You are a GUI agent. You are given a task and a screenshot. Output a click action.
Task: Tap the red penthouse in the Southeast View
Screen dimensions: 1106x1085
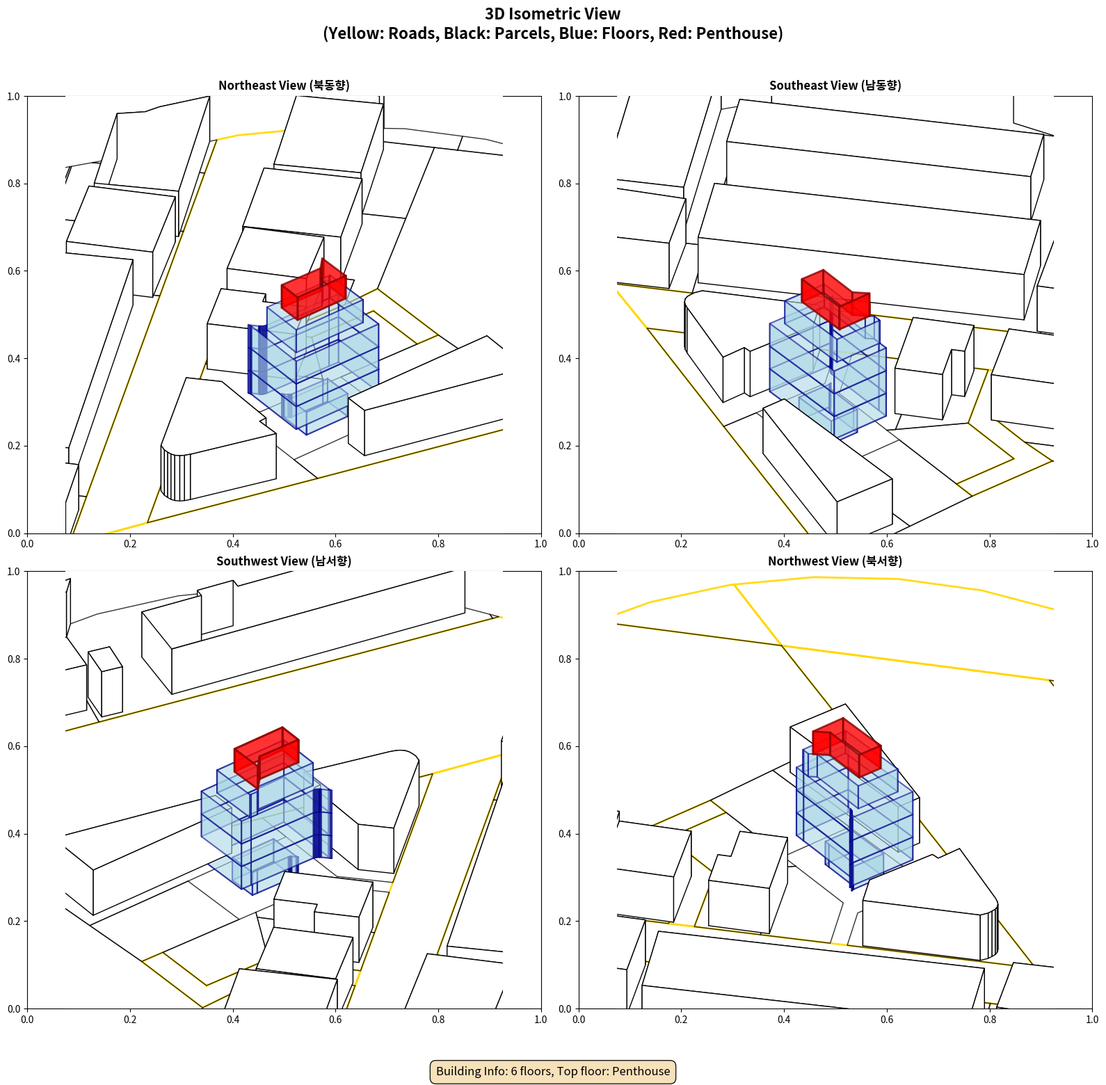tap(835, 299)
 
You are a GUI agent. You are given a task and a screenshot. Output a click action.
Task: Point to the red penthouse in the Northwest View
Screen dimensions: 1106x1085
tap(847, 747)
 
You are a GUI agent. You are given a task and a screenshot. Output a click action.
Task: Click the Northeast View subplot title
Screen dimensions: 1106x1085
tap(284, 86)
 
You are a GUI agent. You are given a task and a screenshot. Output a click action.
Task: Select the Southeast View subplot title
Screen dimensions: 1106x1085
tap(835, 86)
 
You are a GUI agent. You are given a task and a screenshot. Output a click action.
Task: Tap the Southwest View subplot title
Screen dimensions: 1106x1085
tap(284, 561)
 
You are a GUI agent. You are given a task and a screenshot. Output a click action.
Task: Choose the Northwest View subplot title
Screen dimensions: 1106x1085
tap(835, 561)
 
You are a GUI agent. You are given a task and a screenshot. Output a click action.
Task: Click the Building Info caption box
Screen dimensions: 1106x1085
tap(553, 1071)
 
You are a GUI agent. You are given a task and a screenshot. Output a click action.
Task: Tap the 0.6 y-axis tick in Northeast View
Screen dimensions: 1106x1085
tap(14, 271)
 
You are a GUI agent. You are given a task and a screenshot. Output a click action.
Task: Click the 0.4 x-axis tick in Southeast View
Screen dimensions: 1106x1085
tap(784, 544)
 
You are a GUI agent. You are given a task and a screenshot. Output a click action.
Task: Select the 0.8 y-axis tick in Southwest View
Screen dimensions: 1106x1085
tap(14, 659)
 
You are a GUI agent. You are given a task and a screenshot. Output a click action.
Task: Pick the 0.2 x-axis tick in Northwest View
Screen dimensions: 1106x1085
tap(681, 1020)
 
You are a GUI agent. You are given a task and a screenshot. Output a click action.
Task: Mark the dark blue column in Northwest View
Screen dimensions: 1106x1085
tap(851, 849)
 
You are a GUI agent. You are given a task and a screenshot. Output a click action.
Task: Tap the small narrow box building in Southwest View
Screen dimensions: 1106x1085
tap(105, 682)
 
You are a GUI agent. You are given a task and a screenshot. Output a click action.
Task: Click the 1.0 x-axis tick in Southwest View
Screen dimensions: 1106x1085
tap(540, 1020)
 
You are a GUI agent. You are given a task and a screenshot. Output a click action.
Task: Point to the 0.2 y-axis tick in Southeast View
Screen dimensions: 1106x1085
tap(566, 446)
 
